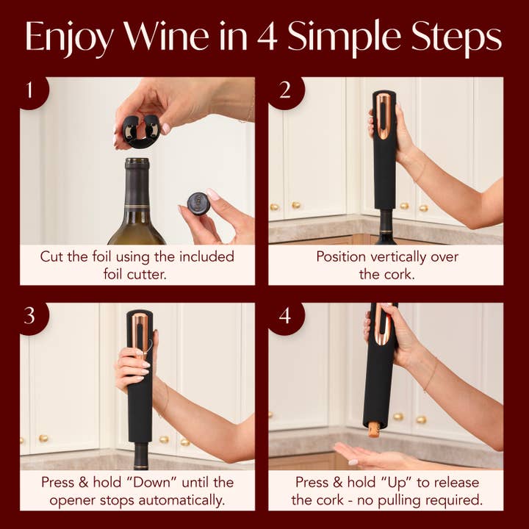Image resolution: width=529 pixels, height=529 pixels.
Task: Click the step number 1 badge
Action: pyautogui.click(x=30, y=91)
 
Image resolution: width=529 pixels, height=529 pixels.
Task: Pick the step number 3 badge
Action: pyautogui.click(x=30, y=315)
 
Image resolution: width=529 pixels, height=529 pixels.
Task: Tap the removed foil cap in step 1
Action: pyautogui.click(x=198, y=203)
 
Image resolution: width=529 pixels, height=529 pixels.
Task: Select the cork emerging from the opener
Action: pyautogui.click(x=374, y=428)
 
